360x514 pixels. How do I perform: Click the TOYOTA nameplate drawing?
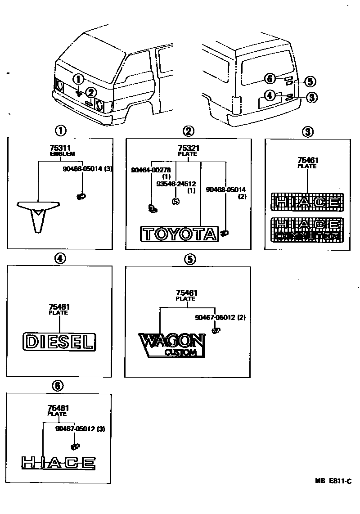coord(179,234)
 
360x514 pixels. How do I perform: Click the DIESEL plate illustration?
coord(59,342)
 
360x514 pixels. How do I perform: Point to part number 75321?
coord(188,147)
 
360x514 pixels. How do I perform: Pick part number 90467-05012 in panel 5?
coord(215,318)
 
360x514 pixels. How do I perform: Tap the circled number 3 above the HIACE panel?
coord(307,131)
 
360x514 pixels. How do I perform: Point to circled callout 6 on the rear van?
coord(270,79)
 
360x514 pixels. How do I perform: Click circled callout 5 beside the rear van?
coord(310,81)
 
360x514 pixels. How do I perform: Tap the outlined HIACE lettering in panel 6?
coord(58,462)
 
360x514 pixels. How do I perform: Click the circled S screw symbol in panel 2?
coord(175,201)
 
